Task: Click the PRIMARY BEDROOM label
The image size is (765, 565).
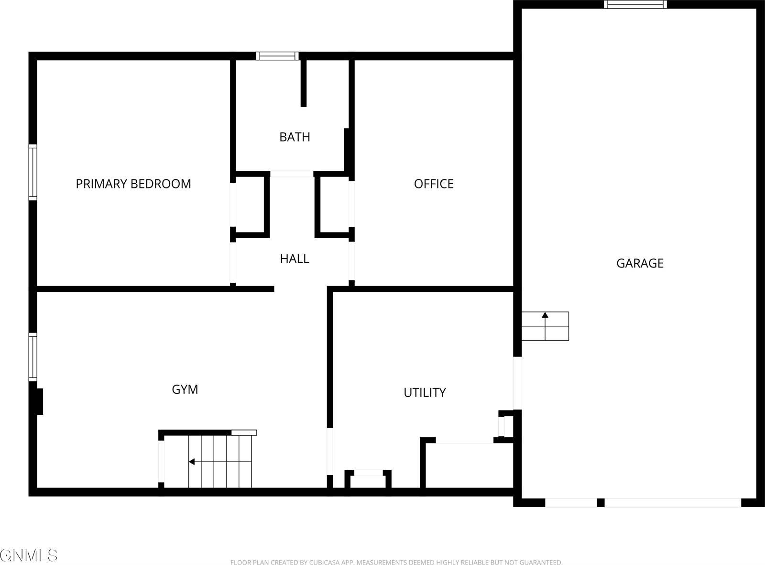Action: (x=133, y=184)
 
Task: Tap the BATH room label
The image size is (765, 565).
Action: (x=295, y=137)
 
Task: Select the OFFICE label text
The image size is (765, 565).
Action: (x=434, y=184)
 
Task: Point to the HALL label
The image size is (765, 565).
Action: (x=295, y=259)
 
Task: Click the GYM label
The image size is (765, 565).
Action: (x=185, y=389)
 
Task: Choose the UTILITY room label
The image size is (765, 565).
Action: (x=425, y=393)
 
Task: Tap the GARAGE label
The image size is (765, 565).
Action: (x=640, y=263)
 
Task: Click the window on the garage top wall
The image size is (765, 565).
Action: (x=635, y=4)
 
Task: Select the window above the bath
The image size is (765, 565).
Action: (x=277, y=56)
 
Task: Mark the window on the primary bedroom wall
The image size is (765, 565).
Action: (x=33, y=172)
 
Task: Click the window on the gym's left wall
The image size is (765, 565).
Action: (x=33, y=357)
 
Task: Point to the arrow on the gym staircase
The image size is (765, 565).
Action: (x=192, y=462)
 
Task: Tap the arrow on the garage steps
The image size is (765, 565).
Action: (x=545, y=315)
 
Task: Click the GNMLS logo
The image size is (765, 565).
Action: (x=29, y=555)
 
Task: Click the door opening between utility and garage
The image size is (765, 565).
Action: (x=517, y=383)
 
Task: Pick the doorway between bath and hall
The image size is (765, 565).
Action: (x=292, y=174)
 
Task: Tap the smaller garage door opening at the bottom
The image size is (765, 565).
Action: (x=571, y=503)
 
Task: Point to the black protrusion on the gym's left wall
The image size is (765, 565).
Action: (x=39, y=401)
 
